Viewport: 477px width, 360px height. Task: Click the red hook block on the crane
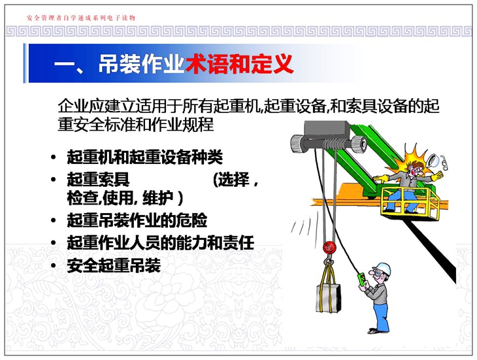328,247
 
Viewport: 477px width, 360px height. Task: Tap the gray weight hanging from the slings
329,298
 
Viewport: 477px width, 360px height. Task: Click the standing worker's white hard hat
383,268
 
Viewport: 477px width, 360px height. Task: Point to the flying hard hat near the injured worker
433,160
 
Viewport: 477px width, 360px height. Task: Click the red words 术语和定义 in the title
239,64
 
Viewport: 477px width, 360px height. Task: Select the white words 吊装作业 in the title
142,64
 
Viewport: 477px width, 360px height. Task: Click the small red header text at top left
81,18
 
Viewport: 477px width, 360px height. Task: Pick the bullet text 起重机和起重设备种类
145,157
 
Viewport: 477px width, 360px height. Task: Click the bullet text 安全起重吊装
114,265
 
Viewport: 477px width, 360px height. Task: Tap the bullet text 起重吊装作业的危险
137,220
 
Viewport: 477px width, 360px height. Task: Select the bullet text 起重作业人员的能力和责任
160,242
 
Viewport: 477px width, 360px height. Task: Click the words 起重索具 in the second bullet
98,180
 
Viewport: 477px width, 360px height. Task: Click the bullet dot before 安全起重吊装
54,266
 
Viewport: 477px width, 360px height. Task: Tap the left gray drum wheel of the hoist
297,144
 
